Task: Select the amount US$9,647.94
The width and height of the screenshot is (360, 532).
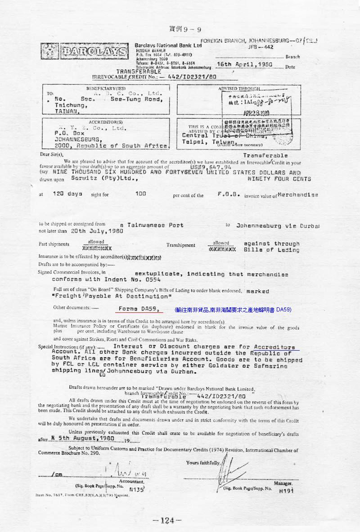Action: [210, 167]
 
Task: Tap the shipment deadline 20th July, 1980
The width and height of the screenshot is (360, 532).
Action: [96, 231]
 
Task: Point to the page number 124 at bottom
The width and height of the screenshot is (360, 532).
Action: [167, 521]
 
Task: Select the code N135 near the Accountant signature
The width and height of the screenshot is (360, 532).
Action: [136, 489]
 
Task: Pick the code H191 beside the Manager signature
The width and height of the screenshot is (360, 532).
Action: [286, 491]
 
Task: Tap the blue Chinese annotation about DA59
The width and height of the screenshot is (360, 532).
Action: [233, 310]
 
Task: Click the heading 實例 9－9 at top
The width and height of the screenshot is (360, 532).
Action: [185, 29]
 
